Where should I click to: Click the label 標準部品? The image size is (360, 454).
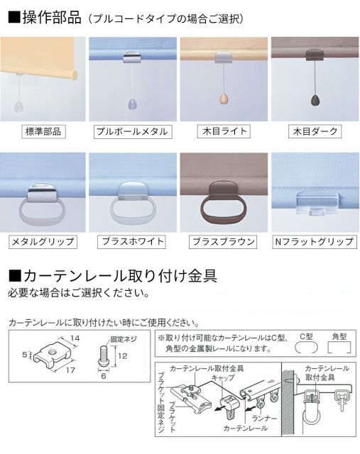pos(43,131)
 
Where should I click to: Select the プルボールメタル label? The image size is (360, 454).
pos(131,131)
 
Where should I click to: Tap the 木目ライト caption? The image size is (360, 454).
pos(223,131)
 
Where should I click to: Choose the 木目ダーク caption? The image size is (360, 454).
pos(314,131)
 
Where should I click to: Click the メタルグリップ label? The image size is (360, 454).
pos(43,242)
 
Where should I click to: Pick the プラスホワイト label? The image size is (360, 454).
pos(131,242)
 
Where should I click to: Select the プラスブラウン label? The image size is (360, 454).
pos(223,242)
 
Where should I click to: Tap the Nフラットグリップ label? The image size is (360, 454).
pos(314,242)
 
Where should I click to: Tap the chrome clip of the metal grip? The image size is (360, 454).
pos(42,192)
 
